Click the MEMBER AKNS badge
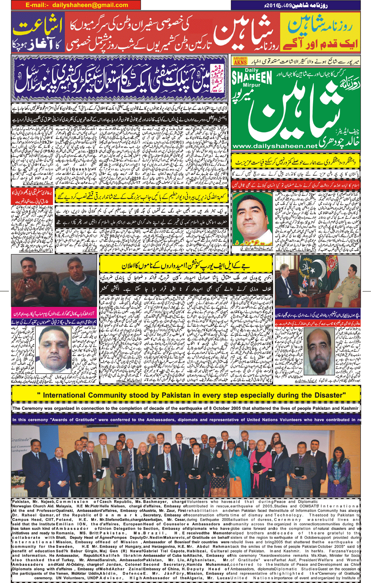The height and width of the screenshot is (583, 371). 240,60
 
